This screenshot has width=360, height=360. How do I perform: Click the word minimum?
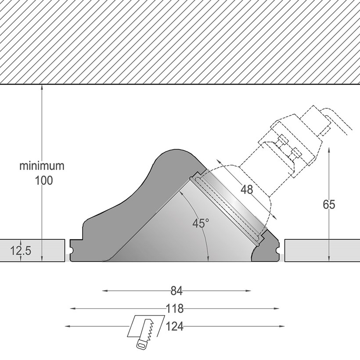42,166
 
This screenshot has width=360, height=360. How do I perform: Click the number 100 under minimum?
43,180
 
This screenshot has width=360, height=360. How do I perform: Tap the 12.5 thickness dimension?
21,251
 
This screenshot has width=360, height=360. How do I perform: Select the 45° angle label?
201,223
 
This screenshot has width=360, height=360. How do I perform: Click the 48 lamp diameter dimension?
247,190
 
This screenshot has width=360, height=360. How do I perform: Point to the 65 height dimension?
329,205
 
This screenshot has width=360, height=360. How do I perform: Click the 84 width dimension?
176,291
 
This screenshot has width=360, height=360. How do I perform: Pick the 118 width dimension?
174,309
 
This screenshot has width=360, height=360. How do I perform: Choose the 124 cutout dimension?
174,326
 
